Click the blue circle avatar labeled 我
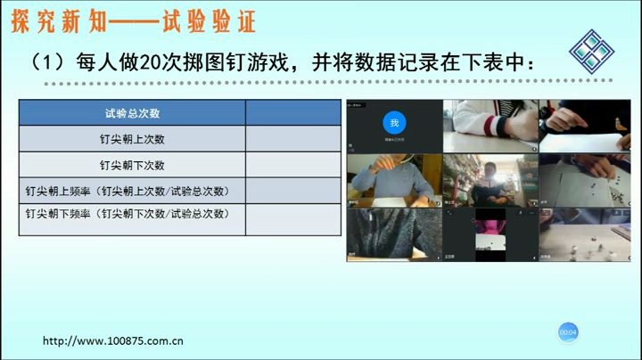pyautogui.click(x=394, y=123)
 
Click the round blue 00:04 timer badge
pyautogui.click(x=568, y=331)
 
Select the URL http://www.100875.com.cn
pyautogui.click(x=113, y=340)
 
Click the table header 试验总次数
pyautogui.click(x=132, y=113)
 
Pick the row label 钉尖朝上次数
pyautogui.click(x=132, y=139)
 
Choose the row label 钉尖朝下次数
pyautogui.click(x=132, y=165)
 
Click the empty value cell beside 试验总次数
pyautogui.click(x=292, y=113)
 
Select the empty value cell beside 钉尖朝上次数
pyautogui.click(x=292, y=139)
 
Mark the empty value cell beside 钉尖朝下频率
pyautogui.click(x=292, y=219)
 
